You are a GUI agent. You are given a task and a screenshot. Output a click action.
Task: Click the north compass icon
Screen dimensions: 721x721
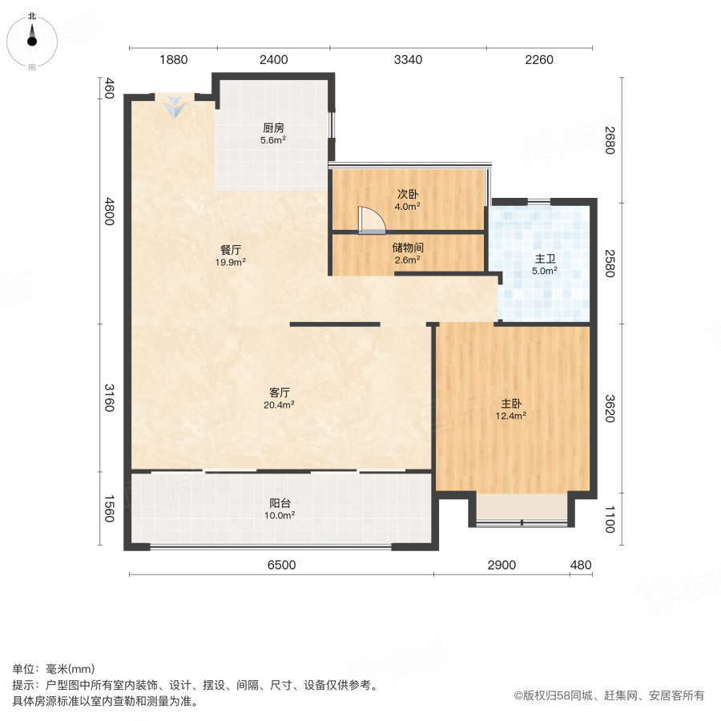click(x=32, y=39)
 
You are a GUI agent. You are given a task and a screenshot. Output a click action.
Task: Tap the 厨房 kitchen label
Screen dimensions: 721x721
click(x=274, y=127)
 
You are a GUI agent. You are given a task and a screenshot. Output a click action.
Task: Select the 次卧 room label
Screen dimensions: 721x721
click(x=408, y=195)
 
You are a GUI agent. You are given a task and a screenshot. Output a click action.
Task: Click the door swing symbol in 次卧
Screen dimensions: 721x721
click(x=371, y=220)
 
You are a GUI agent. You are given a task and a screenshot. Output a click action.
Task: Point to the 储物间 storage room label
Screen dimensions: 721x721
click(x=408, y=248)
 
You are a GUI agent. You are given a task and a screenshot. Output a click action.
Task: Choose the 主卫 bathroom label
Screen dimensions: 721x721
click(x=546, y=259)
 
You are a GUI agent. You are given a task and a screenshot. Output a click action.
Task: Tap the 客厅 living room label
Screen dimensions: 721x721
click(x=280, y=393)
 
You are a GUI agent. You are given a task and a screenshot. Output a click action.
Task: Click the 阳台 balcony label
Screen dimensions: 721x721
click(x=280, y=503)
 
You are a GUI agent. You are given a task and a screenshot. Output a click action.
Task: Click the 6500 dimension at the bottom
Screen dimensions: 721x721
click(x=281, y=566)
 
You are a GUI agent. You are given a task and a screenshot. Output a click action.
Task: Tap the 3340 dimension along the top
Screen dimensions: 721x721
click(x=408, y=59)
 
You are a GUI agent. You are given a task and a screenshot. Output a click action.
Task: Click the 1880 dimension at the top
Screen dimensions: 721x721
click(x=173, y=59)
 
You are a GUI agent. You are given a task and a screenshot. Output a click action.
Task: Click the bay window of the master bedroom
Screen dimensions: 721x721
click(x=522, y=508)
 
